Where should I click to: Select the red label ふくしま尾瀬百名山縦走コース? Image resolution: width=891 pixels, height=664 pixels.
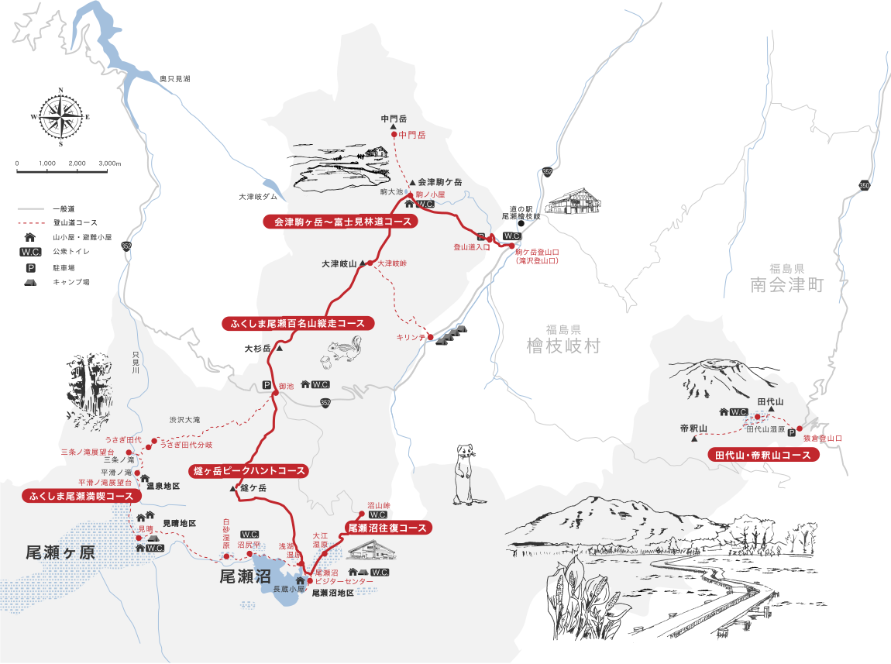pyautogui.click(x=298, y=323)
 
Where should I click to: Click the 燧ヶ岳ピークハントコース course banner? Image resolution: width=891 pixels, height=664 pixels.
pyautogui.click(x=248, y=470)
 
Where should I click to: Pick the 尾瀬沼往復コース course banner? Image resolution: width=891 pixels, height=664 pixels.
pyautogui.click(x=387, y=528)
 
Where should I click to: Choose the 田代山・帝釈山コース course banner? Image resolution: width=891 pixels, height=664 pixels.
pyautogui.click(x=763, y=456)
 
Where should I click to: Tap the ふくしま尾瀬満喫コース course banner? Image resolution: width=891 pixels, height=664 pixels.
pyautogui.click(x=81, y=495)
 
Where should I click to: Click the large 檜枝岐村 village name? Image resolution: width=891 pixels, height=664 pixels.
pyautogui.click(x=562, y=345)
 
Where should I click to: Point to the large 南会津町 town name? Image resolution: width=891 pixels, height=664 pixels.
pyautogui.click(x=786, y=285)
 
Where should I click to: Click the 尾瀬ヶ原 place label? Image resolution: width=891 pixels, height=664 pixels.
pyautogui.click(x=60, y=552)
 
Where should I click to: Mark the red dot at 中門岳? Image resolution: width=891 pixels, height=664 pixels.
pyautogui.click(x=393, y=135)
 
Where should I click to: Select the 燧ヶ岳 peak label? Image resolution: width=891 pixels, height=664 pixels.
pyautogui.click(x=253, y=488)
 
